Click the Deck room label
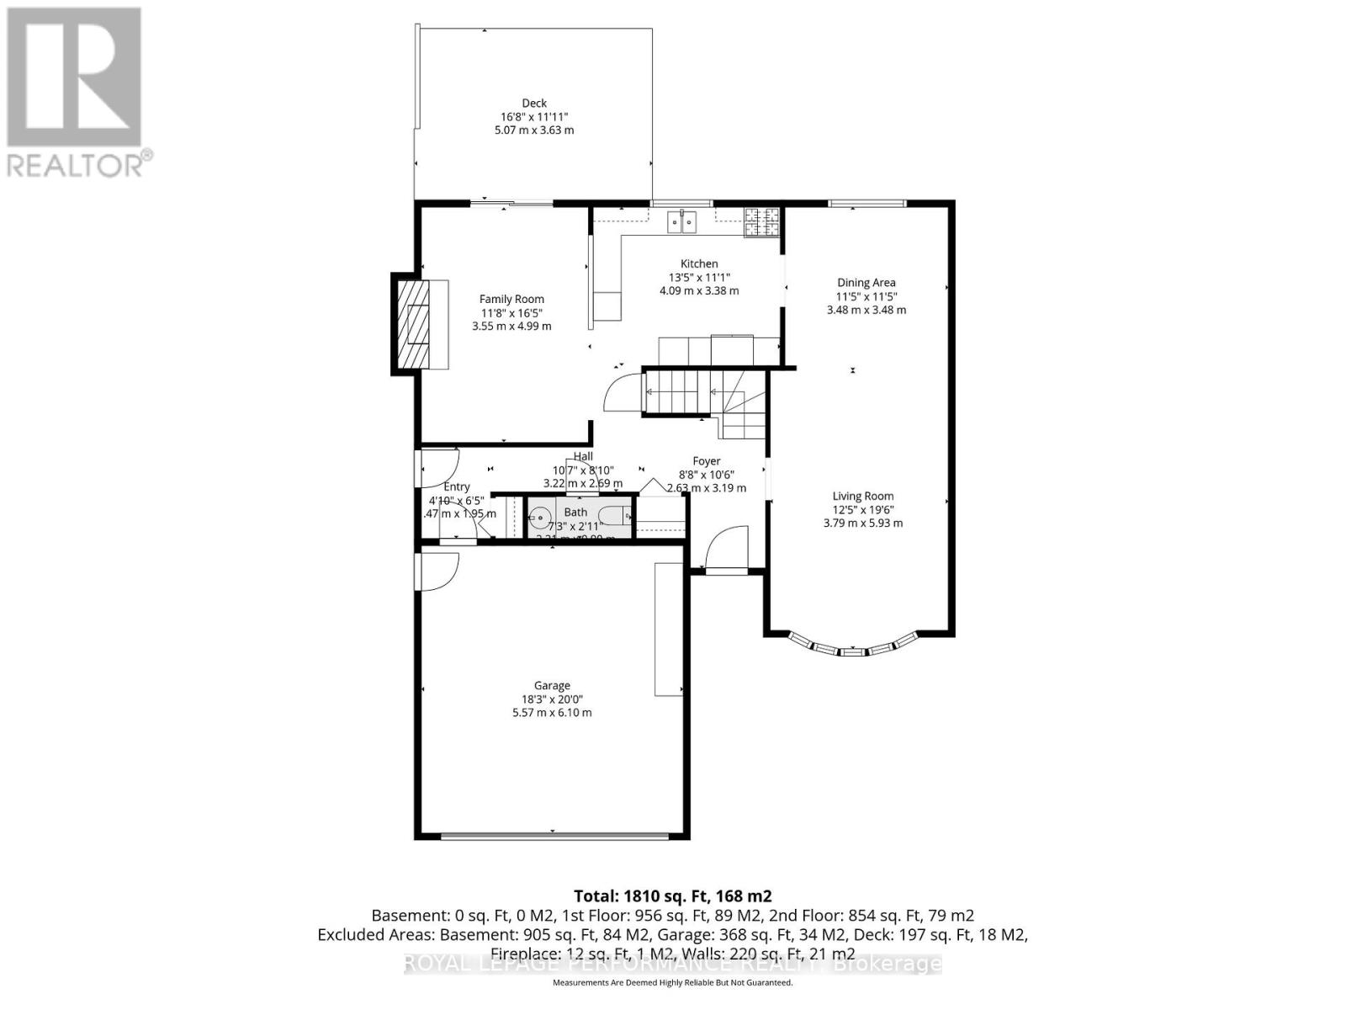(x=534, y=104)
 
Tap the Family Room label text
(x=511, y=299)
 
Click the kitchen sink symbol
(x=682, y=222)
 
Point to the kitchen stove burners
(x=761, y=221)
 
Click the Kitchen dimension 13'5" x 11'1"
(x=699, y=277)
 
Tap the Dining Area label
(x=866, y=283)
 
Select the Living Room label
(x=863, y=497)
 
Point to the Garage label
(x=552, y=686)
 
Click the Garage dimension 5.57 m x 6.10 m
(x=552, y=713)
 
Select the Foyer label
(x=706, y=461)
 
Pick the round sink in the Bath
(x=540, y=516)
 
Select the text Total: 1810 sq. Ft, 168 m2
(x=672, y=896)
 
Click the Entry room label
(x=457, y=487)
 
